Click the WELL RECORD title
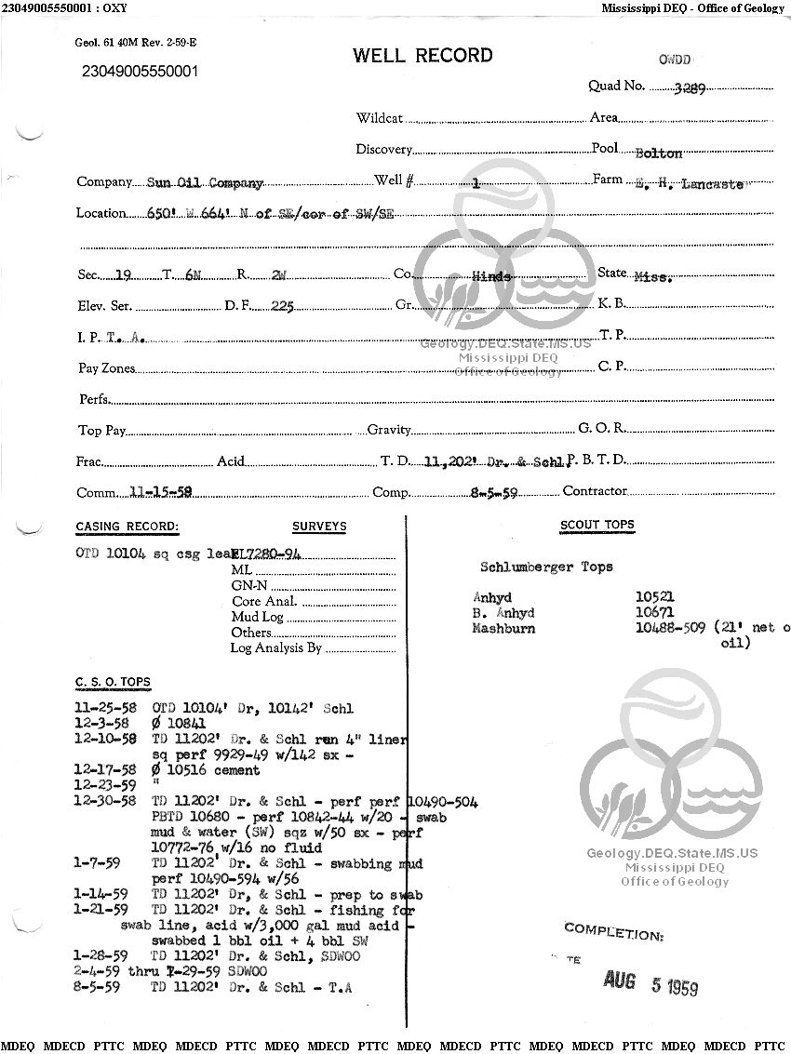point(422,56)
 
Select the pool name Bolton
point(658,153)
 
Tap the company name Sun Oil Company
point(206,183)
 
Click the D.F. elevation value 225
point(282,305)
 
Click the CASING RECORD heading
point(127,527)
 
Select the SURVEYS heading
point(319,527)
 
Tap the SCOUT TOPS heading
point(597,525)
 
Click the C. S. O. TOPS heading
point(113,683)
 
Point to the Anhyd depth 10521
point(654,597)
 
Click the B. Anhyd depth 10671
point(654,613)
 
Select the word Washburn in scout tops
point(503,629)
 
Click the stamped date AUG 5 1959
point(650,981)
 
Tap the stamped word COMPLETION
point(613,931)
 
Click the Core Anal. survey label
point(264,601)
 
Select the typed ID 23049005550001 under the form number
point(140,72)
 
